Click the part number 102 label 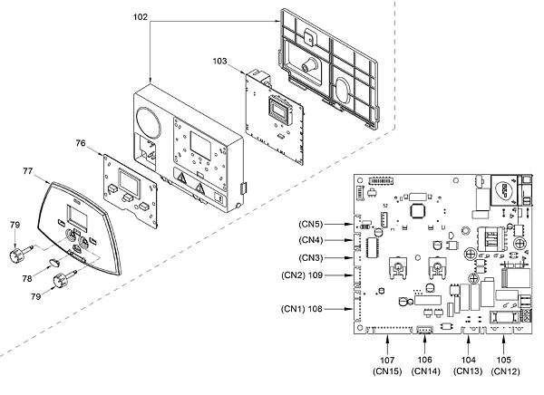[x=141, y=17]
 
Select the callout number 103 [x=219, y=61]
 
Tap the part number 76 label [x=81, y=143]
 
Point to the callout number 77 [x=28, y=171]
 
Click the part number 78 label [x=27, y=278]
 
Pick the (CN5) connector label [x=310, y=224]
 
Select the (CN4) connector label [x=310, y=240]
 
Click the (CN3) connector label [x=310, y=258]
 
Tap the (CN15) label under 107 [x=387, y=371]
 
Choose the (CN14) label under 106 [x=425, y=371]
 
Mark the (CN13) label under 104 [x=468, y=371]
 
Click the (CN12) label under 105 [x=506, y=371]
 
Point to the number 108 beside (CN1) [x=315, y=309]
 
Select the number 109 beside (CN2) [x=315, y=275]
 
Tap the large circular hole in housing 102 [x=149, y=123]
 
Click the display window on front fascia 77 [x=75, y=215]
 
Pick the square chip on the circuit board [x=417, y=211]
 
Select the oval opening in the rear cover [x=345, y=89]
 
